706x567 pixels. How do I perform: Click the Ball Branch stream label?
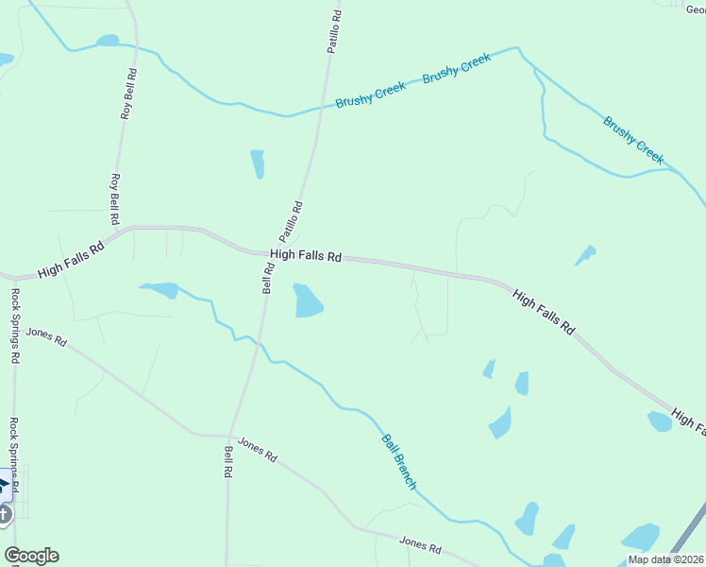click(398, 461)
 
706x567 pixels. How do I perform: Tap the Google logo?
click(31, 556)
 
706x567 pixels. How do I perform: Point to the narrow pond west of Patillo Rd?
click(257, 163)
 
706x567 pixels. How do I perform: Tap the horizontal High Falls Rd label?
click(305, 254)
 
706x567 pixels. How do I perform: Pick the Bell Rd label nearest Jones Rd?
click(228, 461)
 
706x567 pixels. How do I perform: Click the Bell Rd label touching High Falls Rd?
click(268, 278)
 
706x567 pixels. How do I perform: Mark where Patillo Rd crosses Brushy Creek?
click(321, 107)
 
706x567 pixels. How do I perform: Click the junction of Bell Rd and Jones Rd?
click(229, 436)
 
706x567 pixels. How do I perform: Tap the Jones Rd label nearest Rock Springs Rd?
click(47, 335)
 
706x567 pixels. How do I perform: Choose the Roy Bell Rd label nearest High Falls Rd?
click(115, 198)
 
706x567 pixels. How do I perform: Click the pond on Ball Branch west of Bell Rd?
click(161, 289)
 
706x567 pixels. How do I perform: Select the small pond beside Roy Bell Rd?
click(108, 41)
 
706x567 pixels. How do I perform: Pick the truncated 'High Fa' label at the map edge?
click(688, 421)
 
